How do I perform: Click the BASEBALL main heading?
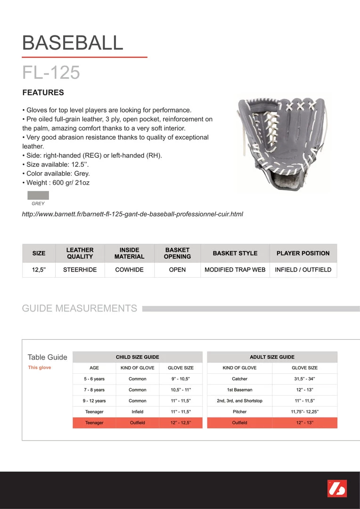pyautogui.click(x=73, y=43)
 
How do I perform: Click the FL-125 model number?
pyautogui.click(x=51, y=72)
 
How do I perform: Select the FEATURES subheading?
pyautogui.click(x=43, y=92)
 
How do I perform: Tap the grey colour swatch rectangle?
pyautogui.click(x=38, y=195)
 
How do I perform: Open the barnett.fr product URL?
pyautogui.click(x=132, y=214)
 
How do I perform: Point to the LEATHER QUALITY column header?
pyautogui.click(x=80, y=253)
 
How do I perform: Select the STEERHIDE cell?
pyautogui.click(x=80, y=270)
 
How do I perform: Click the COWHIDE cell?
pyautogui.click(x=129, y=270)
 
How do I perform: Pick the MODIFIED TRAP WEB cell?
pyautogui.click(x=235, y=270)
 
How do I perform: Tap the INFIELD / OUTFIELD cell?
pyautogui.click(x=303, y=270)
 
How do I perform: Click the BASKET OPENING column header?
pyautogui.click(x=177, y=253)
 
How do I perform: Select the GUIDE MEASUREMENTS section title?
pyautogui.click(x=79, y=308)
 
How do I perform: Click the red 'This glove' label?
pyautogui.click(x=40, y=368)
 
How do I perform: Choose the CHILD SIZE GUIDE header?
pyautogui.click(x=138, y=357)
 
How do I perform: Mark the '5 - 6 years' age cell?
pyautogui.click(x=94, y=379)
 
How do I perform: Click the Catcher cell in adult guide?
pyautogui.click(x=239, y=379)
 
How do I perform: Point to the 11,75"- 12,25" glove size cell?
pyautogui.click(x=304, y=411)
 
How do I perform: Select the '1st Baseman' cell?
pyautogui.click(x=239, y=390)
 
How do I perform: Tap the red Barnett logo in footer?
pyautogui.click(x=337, y=489)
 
